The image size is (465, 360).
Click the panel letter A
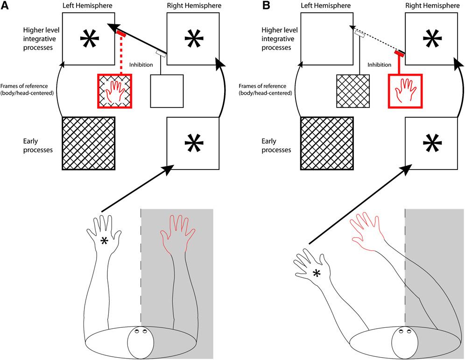tap(5, 5)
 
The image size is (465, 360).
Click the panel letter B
tap(266, 5)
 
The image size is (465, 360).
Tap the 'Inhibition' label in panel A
tap(141, 64)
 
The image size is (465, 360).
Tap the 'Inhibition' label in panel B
tap(379, 64)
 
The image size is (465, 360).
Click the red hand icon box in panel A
tap(114, 91)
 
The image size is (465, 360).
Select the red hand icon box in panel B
tap(405, 91)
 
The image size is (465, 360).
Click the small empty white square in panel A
tap(167, 91)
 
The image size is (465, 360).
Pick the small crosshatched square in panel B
tap(353, 91)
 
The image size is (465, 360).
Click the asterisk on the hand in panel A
tap(104, 241)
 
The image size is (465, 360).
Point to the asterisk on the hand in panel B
tap(317, 273)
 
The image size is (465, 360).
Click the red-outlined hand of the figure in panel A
tap(177, 234)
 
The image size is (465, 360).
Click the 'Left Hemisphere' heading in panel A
tap(87, 6)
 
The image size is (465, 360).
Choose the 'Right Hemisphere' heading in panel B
tap(432, 6)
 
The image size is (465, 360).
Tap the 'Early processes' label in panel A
tap(38, 145)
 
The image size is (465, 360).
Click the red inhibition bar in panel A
tap(121, 34)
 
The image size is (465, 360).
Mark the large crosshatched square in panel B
tap(327, 143)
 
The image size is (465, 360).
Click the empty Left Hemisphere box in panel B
tap(327, 39)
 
